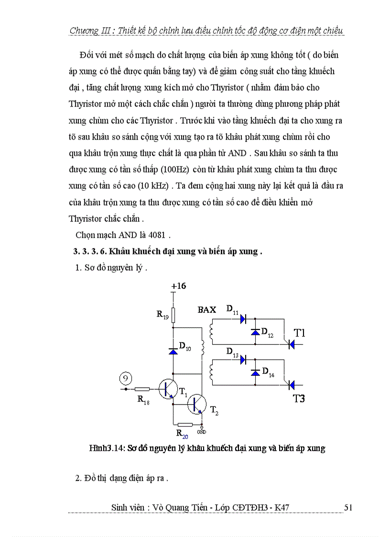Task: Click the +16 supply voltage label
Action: tap(179, 286)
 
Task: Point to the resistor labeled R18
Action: tap(142, 389)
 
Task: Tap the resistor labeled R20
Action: tap(184, 424)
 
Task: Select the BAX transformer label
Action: tap(207, 310)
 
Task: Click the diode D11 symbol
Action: tap(242, 318)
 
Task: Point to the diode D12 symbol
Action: tap(255, 331)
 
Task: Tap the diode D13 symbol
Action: tap(242, 360)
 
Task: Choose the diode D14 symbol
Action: tap(255, 372)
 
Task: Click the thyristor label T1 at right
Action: tap(299, 333)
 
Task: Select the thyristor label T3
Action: tap(299, 398)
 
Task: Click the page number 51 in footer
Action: tap(348, 507)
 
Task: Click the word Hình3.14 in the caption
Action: tap(104, 448)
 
